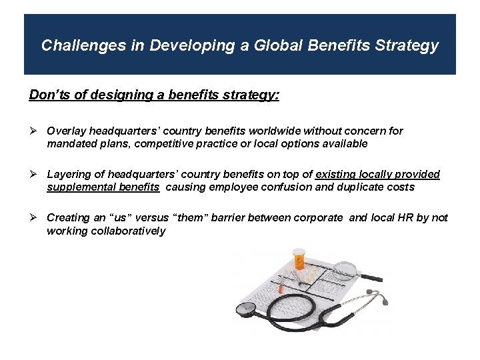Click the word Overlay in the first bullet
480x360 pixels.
(x=65, y=131)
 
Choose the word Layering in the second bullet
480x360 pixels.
(x=69, y=175)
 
